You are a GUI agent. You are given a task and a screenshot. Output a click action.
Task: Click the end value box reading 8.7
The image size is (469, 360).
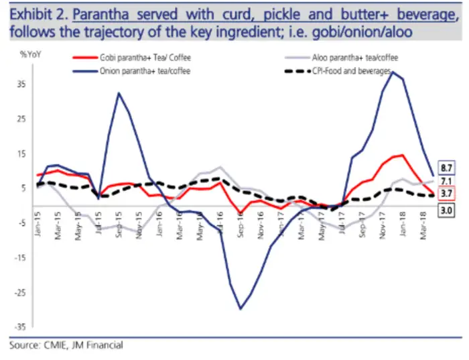click(x=447, y=167)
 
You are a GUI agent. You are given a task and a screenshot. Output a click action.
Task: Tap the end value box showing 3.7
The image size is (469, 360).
click(x=447, y=194)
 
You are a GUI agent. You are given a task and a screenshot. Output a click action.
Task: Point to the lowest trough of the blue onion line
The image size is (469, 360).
click(x=241, y=308)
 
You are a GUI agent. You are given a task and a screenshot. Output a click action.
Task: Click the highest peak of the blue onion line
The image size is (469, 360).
click(x=392, y=72)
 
